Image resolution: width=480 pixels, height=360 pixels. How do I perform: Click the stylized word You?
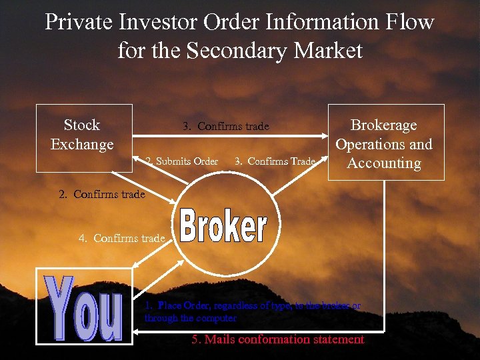click(x=84, y=307)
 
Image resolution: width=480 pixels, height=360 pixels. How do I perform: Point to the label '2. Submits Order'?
click(x=182, y=161)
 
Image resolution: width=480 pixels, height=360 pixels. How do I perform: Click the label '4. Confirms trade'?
click(x=121, y=238)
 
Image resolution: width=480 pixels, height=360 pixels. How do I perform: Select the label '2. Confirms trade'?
click(x=101, y=195)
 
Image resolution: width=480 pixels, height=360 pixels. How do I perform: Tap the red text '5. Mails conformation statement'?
click(x=277, y=339)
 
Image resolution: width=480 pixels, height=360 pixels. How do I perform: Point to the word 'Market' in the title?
click(x=331, y=51)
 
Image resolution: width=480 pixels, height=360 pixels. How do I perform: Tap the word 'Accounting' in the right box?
click(x=385, y=163)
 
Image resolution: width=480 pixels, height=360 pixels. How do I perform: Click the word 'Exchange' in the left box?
click(x=82, y=144)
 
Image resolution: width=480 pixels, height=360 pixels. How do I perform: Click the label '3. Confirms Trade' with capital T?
click(x=275, y=161)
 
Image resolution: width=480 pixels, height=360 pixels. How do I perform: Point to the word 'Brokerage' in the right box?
click(x=384, y=125)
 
